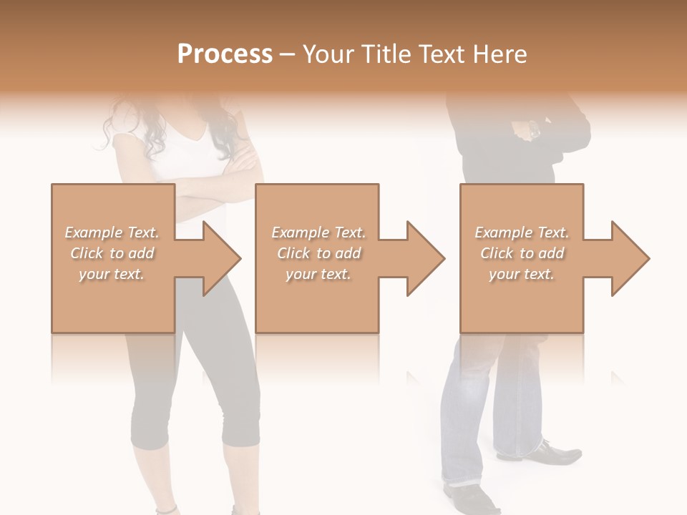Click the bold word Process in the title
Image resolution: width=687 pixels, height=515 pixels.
225,54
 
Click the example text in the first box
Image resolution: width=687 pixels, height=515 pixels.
112,253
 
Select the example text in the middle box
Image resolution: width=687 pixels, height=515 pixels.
318,253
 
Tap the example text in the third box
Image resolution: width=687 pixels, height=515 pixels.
522,253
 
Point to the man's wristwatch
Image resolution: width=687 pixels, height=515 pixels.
533,130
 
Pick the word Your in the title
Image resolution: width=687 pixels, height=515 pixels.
326,54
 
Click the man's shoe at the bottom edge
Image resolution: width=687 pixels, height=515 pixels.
469,499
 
